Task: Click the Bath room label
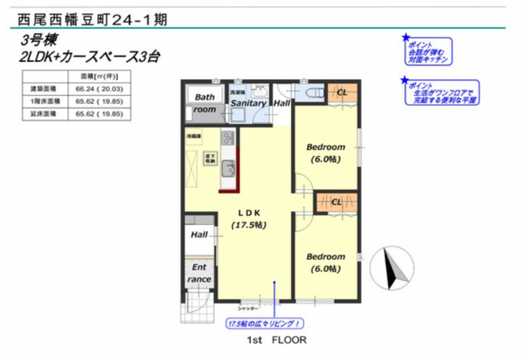[205, 104]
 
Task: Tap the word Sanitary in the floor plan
[248, 104]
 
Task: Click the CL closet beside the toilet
[342, 92]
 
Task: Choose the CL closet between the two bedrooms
[336, 202]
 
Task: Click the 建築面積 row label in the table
[41, 89]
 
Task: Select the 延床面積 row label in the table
[41, 113]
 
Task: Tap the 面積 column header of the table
[97, 77]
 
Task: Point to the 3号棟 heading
[39, 41]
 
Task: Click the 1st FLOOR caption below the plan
[275, 340]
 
